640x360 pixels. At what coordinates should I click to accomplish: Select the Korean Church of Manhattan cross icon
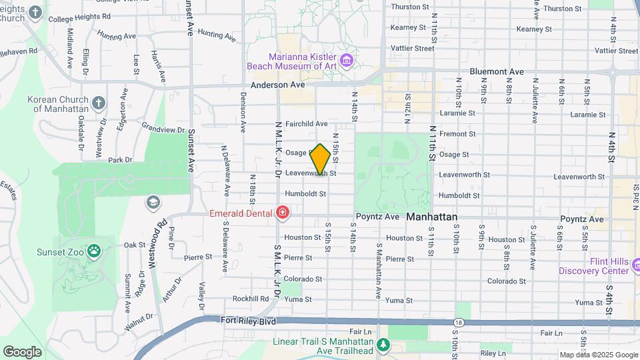tap(99, 103)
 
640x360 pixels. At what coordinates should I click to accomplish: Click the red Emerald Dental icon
tap(283, 213)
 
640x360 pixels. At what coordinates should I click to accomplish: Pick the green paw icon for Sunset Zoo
tap(95, 251)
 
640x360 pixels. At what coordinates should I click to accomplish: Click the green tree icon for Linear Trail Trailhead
tap(383, 344)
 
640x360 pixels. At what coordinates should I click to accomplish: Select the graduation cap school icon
tap(153, 202)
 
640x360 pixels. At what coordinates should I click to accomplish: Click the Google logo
tap(23, 351)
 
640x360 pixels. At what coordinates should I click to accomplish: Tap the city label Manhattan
tap(432, 217)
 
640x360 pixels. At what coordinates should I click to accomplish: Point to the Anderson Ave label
tap(277, 85)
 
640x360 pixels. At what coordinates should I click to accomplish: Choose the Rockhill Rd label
tap(251, 299)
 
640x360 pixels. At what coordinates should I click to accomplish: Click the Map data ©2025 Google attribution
tap(599, 355)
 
